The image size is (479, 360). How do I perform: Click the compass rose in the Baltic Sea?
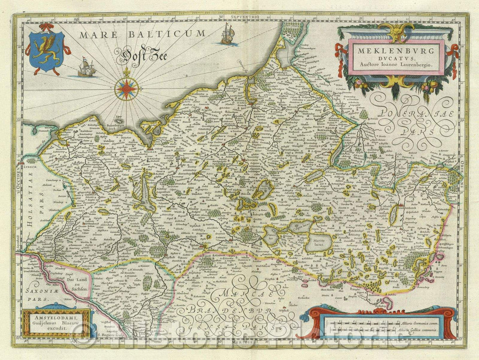126,88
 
